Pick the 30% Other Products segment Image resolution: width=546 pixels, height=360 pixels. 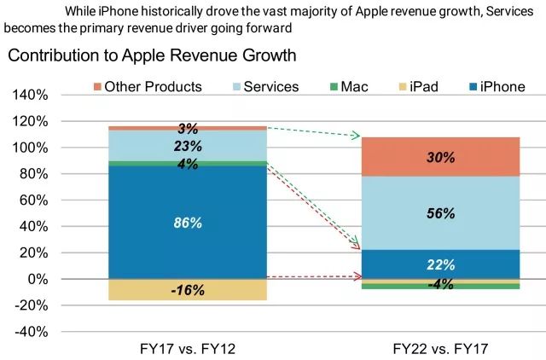(x=441, y=157)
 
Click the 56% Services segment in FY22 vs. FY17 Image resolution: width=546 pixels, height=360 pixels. (x=441, y=213)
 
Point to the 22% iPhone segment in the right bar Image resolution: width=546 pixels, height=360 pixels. (x=441, y=264)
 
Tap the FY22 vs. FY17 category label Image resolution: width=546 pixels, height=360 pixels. (x=441, y=348)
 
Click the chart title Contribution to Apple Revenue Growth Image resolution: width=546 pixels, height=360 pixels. (x=152, y=56)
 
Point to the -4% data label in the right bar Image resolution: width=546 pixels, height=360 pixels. (x=441, y=284)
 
